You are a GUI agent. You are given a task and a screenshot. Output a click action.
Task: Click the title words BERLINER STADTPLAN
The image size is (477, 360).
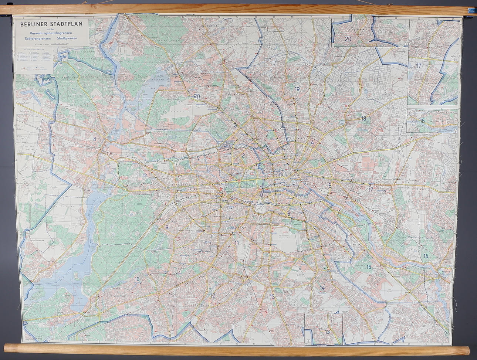click(51, 25)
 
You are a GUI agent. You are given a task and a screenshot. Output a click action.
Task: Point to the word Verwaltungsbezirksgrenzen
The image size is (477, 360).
click(51, 34)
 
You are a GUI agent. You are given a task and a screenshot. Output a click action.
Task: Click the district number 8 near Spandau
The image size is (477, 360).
click(95, 139)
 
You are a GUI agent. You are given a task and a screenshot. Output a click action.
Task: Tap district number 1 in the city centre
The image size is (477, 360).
click(280, 175)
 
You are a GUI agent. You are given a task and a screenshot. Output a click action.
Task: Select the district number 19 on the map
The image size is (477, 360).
click(297, 89)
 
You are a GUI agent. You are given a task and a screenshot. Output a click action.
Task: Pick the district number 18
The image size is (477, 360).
click(364, 119)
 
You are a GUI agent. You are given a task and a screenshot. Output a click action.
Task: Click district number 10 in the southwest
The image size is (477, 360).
click(137, 279)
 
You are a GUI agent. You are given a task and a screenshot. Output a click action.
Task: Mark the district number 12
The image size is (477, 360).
click(213, 295)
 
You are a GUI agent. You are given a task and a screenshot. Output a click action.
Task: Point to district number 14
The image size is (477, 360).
click(322, 288)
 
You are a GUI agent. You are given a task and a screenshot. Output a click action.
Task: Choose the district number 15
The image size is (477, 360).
click(369, 267)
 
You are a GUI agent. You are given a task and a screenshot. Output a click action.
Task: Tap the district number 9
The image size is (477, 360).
click(167, 227)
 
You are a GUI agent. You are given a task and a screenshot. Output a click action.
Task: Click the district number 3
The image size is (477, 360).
click(235, 125)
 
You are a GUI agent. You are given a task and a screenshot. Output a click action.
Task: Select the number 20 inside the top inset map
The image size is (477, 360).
click(348, 38)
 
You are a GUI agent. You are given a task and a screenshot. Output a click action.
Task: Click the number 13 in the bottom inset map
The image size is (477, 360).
click(327, 332)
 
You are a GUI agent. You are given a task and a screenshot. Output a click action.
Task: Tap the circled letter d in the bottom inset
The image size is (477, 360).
click(308, 341)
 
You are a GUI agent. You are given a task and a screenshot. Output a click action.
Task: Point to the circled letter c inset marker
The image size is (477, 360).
click(455, 130)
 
